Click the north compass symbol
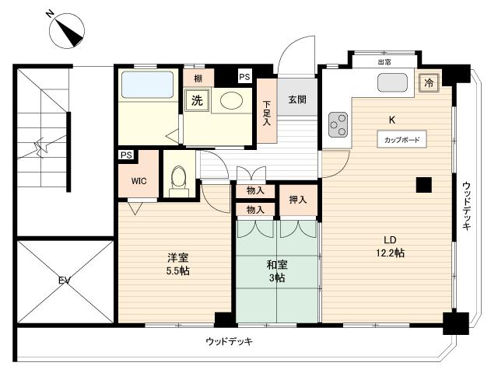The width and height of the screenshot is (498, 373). click(67, 31)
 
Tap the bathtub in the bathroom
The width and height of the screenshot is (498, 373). click(147, 85)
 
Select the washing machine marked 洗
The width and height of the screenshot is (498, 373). click(197, 100)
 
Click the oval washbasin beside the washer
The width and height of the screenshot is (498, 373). click(232, 100)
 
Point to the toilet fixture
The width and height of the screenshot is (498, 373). click(179, 181)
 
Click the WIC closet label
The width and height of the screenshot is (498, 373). click(139, 181)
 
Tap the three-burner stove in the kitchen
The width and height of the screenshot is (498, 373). click(338, 124)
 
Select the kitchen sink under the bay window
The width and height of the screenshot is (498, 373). click(392, 83)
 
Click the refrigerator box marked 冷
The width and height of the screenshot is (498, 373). click(429, 83)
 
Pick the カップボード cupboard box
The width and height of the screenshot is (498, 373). click(402, 139)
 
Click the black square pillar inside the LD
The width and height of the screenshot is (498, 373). click(424, 185)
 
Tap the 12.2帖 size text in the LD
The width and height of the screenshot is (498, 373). click(390, 253)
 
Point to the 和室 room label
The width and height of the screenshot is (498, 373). click(277, 264)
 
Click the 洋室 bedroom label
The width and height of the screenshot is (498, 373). click(178, 257)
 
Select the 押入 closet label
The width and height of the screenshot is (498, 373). click(298, 200)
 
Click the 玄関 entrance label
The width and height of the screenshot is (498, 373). click(297, 99)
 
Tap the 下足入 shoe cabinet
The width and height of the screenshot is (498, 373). click(267, 110)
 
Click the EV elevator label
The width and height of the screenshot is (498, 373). click(64, 281)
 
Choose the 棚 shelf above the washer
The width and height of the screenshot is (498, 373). click(198, 78)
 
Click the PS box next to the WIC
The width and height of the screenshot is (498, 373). click(126, 155)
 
